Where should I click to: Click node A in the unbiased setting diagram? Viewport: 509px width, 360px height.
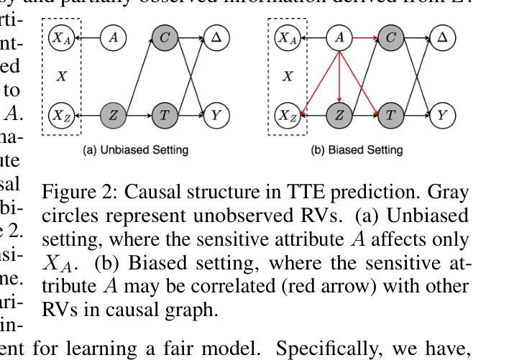(x=113, y=37)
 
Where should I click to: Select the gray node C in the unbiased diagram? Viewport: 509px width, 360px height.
(x=165, y=37)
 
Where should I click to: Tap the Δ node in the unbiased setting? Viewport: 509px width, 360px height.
(x=216, y=37)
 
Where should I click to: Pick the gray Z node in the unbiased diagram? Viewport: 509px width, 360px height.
(x=113, y=115)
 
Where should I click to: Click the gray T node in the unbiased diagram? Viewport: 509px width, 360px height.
(x=165, y=115)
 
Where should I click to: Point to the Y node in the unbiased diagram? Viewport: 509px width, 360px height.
(x=216, y=115)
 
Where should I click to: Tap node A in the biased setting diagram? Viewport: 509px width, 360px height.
(x=339, y=37)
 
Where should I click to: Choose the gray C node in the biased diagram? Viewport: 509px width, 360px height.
(x=391, y=37)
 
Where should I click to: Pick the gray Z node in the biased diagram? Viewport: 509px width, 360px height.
(x=339, y=115)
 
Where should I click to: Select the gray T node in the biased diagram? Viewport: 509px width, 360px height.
(x=391, y=115)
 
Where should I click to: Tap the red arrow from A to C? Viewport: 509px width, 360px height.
(x=365, y=37)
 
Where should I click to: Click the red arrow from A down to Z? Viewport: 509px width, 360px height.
(x=339, y=75)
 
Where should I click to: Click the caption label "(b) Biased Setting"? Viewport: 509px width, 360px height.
(x=356, y=150)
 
